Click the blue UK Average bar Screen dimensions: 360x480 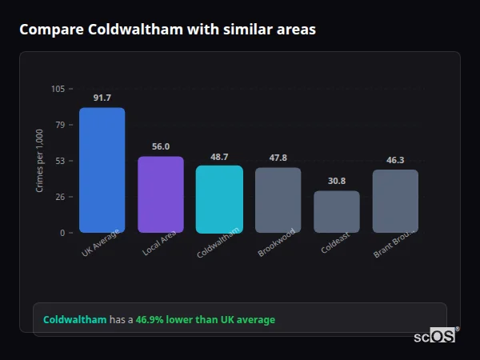point(102,170)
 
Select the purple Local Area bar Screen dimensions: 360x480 point(161,194)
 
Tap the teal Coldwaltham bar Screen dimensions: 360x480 point(219,199)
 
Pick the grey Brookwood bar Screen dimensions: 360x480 point(278,200)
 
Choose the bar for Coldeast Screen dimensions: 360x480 point(337,212)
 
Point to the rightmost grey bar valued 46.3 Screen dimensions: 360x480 point(395,201)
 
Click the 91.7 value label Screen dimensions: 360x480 point(102,98)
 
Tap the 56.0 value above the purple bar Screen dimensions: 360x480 point(161,146)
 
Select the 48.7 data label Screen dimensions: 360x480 point(219,157)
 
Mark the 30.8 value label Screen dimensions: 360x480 point(337,181)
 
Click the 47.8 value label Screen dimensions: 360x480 point(278,158)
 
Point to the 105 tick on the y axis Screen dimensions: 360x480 point(58,89)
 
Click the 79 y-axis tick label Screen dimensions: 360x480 point(60,125)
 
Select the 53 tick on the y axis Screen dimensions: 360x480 point(60,161)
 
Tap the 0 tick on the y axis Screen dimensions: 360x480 point(62,233)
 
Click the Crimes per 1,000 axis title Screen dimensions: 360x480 point(40,161)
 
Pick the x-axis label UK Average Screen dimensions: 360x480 point(101,245)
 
